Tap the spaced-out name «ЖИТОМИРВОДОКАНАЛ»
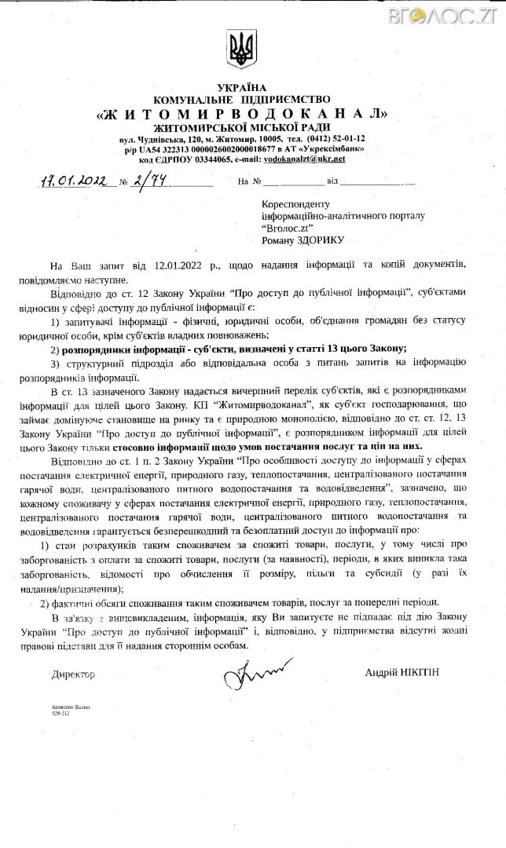[242, 113]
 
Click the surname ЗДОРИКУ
[317, 239]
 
